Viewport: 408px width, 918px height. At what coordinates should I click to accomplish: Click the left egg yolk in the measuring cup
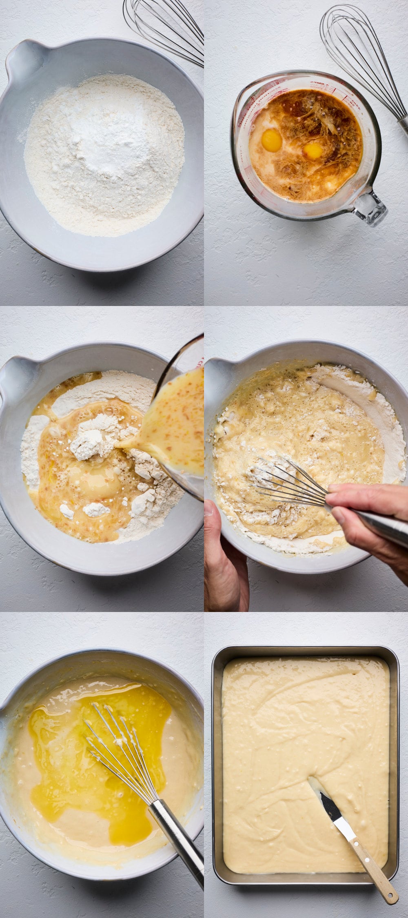click(271, 140)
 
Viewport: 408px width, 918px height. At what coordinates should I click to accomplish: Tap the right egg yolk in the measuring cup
click(313, 151)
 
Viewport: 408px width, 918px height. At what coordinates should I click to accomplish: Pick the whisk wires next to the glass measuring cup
click(359, 53)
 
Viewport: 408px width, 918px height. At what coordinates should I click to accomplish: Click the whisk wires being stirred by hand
click(286, 481)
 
